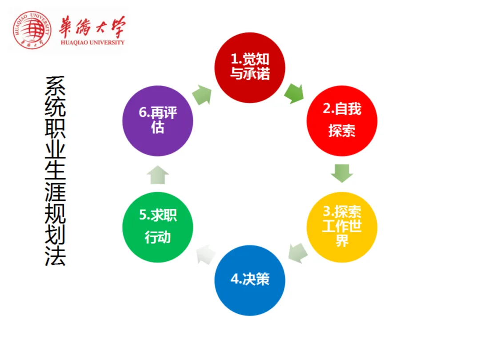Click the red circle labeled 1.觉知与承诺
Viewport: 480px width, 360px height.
(250, 67)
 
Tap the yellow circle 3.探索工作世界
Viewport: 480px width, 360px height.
(342, 227)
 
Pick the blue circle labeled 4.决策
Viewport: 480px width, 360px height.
(250, 280)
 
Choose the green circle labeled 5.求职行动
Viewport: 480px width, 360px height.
(158, 227)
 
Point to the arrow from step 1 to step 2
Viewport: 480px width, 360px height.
(294, 93)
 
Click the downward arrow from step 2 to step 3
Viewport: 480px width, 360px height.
(342, 173)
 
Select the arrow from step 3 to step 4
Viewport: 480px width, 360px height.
(297, 253)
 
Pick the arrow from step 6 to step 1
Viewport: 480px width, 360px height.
(202, 95)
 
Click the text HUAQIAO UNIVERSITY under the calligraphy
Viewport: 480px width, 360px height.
(92, 43)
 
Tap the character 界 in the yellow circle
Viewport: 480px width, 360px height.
(342, 241)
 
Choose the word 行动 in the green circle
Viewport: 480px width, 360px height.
(158, 237)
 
